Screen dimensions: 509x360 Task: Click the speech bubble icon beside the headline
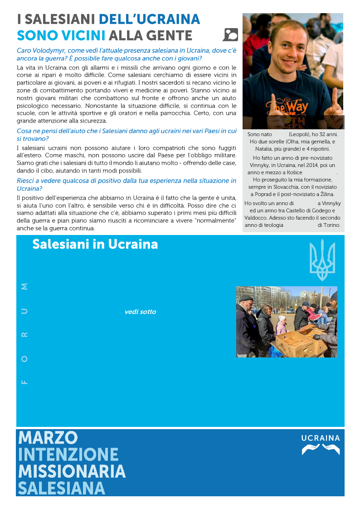pyautogui.click(x=231, y=35)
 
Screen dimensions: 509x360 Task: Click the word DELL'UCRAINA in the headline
pyautogui.click(x=149, y=20)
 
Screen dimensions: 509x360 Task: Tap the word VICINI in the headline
pyautogui.click(x=84, y=35)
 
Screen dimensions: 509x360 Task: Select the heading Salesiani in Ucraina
pyautogui.click(x=95, y=245)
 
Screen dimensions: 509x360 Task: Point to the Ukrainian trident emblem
pyautogui.click(x=322, y=260)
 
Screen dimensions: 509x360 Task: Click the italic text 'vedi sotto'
pyautogui.click(x=140, y=312)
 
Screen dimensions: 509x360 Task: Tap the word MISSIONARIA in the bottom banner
pyautogui.click(x=72, y=471)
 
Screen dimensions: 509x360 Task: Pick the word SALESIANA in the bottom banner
pyautogui.click(x=62, y=488)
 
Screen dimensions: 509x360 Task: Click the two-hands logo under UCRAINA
pyautogui.click(x=321, y=450)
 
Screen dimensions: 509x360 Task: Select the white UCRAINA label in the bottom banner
pyautogui.click(x=321, y=438)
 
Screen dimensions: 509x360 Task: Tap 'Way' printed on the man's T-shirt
pyautogui.click(x=296, y=108)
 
